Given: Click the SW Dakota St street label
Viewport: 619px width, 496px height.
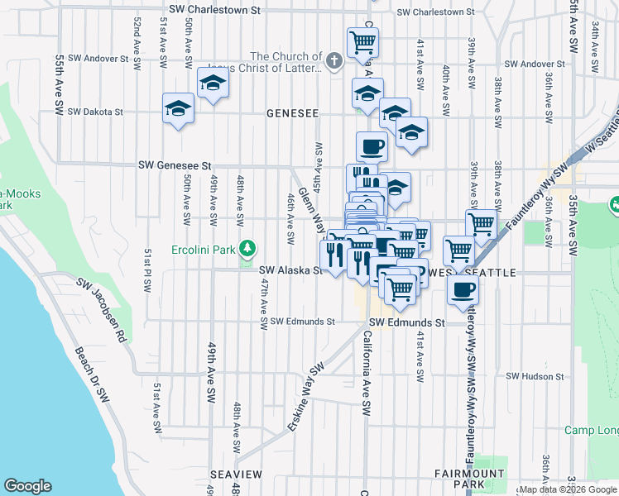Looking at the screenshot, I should click(95, 112).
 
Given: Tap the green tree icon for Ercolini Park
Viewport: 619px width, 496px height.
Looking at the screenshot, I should click(247, 248).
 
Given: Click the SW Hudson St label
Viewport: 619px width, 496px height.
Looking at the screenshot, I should click(535, 376).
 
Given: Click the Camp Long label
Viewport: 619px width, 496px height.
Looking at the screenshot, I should click(592, 430).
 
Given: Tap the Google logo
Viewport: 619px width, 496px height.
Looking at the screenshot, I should click(27, 486).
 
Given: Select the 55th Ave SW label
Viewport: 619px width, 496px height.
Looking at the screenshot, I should click(60, 86).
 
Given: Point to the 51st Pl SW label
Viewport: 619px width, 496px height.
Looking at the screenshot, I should click(147, 269).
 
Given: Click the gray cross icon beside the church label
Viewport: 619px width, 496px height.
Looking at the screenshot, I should click(333, 60).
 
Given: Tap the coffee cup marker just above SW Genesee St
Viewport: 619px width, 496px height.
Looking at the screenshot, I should click(372, 147).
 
